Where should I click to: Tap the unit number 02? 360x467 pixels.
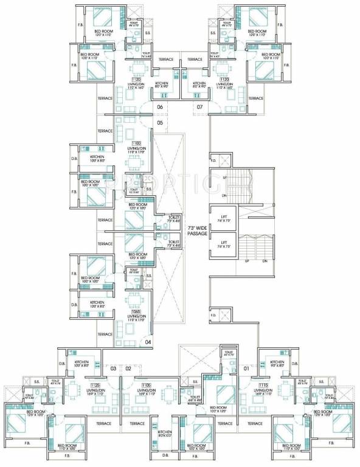pos(128,368)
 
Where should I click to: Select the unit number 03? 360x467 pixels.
pos(113,368)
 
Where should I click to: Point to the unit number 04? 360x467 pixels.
pos(148,342)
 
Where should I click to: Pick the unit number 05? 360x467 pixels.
pos(160,123)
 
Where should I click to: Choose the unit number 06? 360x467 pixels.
pos(160,108)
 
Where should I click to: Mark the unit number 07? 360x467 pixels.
pos(199,108)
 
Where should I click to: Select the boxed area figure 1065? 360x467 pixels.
pos(136,311)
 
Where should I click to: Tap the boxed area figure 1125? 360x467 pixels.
pos(94,385)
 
